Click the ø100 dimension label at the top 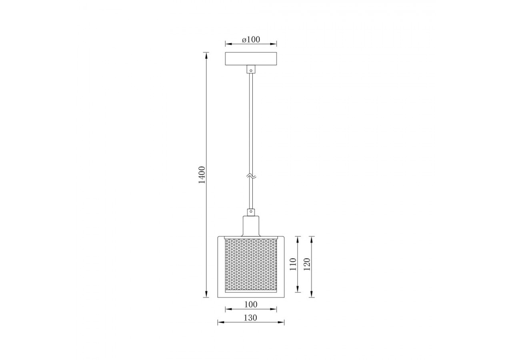pos(251,39)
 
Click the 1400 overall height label pos(202,174)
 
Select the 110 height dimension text pos(293,264)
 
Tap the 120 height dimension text pos(307,264)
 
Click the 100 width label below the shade pos(250,304)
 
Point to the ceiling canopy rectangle pos(251,59)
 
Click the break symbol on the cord pos(251,176)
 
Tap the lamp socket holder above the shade pos(251,226)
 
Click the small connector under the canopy pos(251,69)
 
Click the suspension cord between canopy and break pos(251,120)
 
